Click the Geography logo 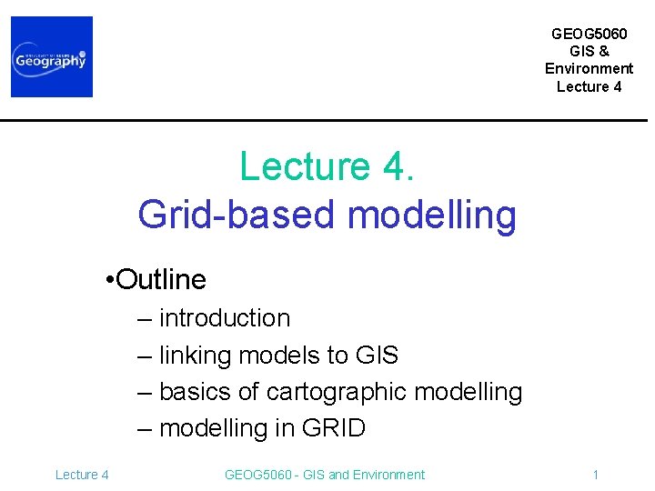click(52, 56)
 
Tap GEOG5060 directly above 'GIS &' click(589, 34)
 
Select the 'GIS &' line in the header click(589, 51)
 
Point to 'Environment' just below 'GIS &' click(589, 69)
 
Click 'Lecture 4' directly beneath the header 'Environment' click(589, 87)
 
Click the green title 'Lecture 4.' click(327, 167)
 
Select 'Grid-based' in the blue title click(238, 215)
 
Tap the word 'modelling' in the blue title click(432, 215)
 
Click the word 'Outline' click(162, 279)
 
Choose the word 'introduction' click(225, 318)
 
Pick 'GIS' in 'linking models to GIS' click(374, 355)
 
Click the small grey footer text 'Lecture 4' click(82, 475)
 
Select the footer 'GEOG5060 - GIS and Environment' click(324, 475)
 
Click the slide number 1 click(595, 475)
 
